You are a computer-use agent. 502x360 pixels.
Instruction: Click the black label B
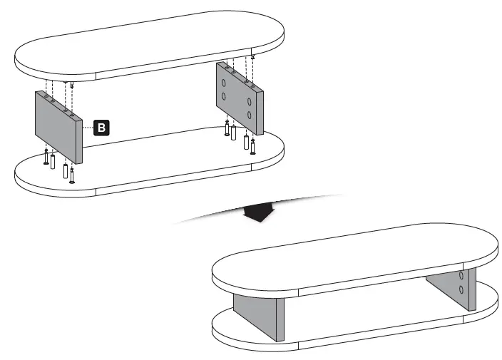(103, 128)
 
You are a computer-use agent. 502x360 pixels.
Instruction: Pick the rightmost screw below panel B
(72, 175)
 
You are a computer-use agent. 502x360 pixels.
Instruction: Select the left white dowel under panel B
(53, 161)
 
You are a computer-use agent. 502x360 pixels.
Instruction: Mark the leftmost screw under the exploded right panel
(227, 130)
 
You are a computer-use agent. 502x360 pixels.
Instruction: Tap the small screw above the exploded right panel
(252, 56)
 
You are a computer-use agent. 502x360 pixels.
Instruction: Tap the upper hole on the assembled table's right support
(463, 274)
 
